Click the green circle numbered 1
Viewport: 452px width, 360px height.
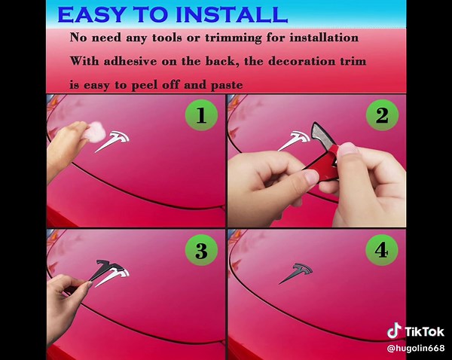click(201, 115)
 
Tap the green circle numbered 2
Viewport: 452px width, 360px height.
click(382, 115)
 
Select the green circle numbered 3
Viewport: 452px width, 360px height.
click(201, 250)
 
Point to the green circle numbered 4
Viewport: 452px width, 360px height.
click(382, 250)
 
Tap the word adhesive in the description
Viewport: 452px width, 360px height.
click(130, 61)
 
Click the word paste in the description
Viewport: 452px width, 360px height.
click(227, 85)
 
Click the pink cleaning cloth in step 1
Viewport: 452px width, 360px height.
click(96, 131)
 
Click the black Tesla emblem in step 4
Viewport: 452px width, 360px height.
click(297, 272)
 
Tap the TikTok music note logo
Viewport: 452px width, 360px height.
click(394, 331)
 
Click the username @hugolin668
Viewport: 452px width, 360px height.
click(416, 348)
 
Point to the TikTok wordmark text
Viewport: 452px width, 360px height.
click(424, 331)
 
